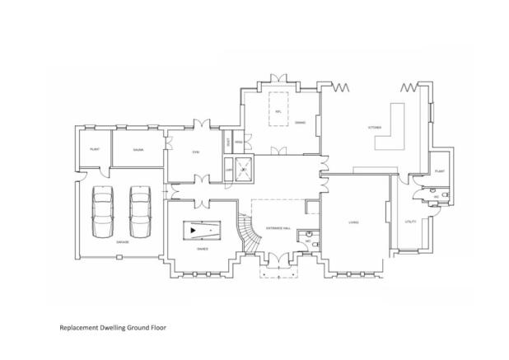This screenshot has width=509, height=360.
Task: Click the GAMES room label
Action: (202, 248)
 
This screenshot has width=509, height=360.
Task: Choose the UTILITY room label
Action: (411, 222)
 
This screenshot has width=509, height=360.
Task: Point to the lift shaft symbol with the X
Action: (245, 168)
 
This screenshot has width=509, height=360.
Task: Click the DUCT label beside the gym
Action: (228, 142)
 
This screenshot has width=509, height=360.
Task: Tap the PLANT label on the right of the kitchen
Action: (440, 169)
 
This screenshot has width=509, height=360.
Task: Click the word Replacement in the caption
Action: (77, 327)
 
